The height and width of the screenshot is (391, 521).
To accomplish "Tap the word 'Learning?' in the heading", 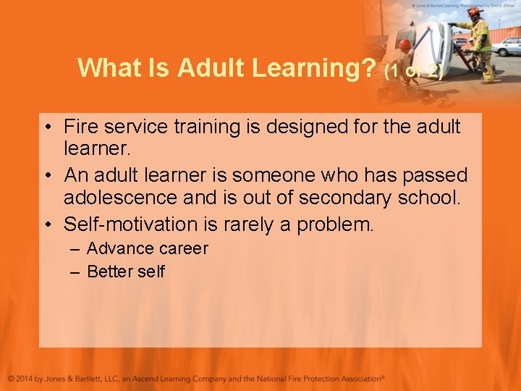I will point(315,67).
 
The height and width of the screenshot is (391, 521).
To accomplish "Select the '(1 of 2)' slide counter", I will point(413,71).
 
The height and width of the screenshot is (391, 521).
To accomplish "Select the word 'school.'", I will point(429,198).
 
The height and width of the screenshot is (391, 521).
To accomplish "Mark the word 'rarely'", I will point(250,224).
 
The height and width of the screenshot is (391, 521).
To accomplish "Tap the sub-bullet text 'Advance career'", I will point(147,248).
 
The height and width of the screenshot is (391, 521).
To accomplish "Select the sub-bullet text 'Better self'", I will point(125,272).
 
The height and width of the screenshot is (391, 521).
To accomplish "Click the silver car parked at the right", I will point(507,46).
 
